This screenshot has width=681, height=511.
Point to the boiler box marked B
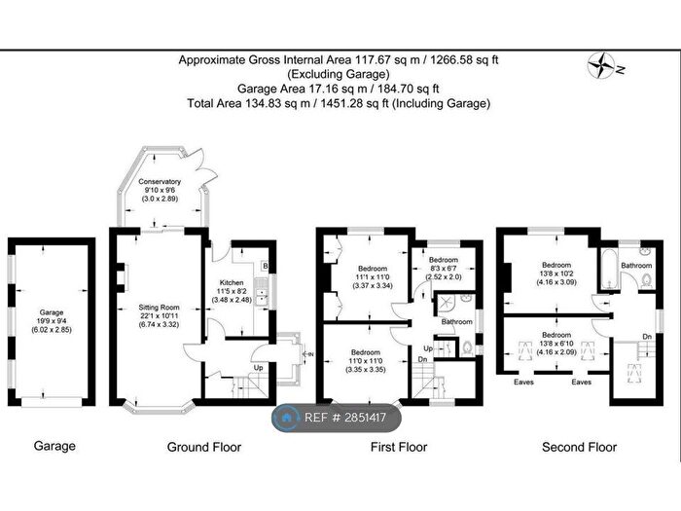pyautogui.click(x=266, y=267)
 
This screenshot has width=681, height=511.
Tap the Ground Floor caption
pyautogui.click(x=204, y=447)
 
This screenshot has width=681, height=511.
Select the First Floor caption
pyautogui.click(x=399, y=447)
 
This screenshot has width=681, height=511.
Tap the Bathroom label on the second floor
pyautogui.click(x=636, y=265)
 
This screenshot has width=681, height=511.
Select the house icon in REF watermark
pyautogui.click(x=286, y=418)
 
